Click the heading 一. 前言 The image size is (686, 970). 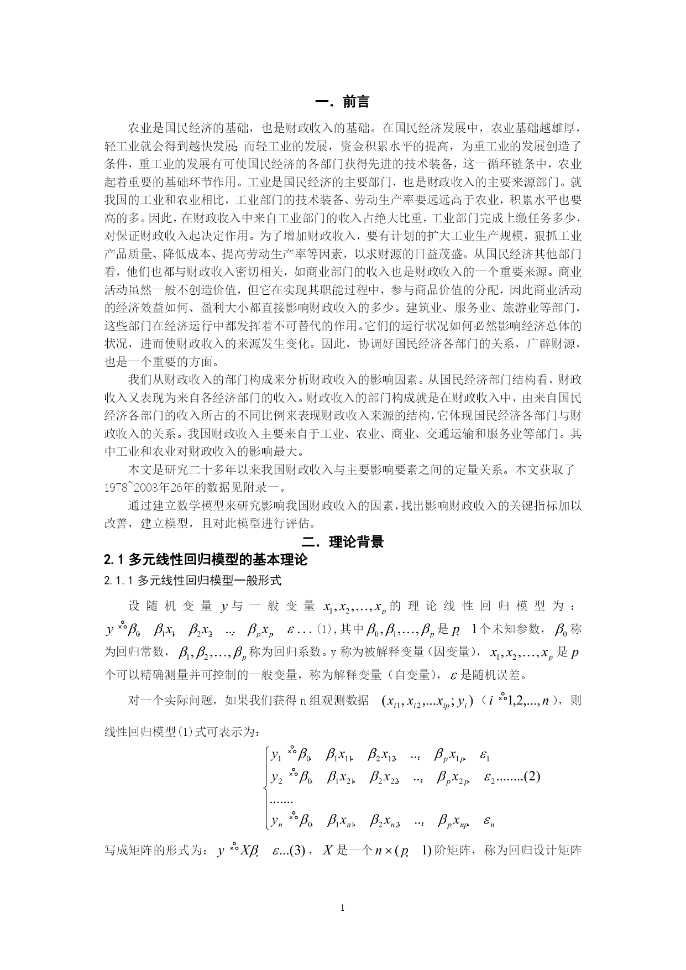click(x=342, y=102)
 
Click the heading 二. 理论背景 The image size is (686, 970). click(x=342, y=541)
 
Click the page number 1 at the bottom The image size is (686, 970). click(x=343, y=908)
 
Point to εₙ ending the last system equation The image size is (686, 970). click(x=488, y=822)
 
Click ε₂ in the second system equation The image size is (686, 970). click(x=489, y=778)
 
